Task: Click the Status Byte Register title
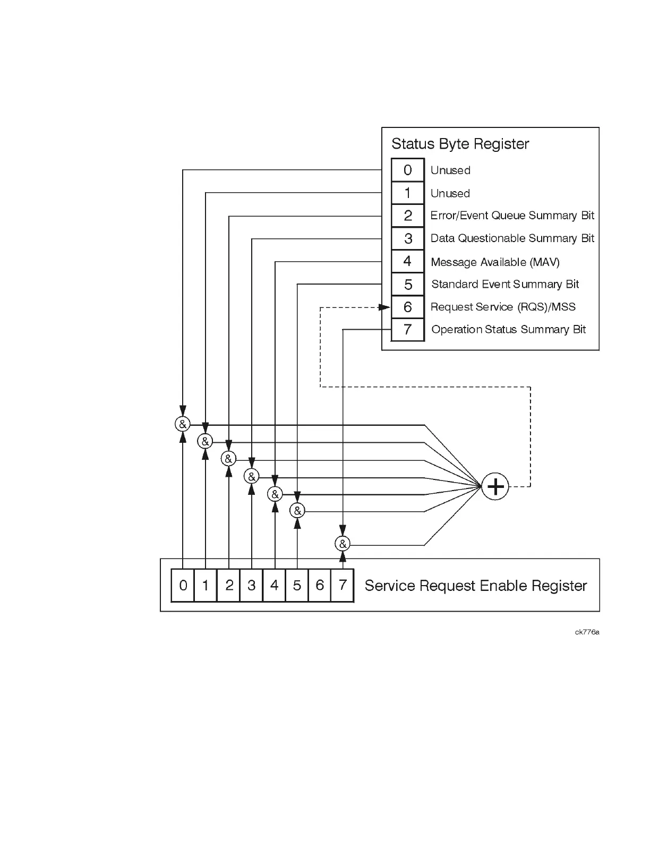click(x=460, y=144)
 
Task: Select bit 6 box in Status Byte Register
click(x=408, y=307)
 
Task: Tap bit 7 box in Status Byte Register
click(x=408, y=330)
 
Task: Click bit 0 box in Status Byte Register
click(x=408, y=170)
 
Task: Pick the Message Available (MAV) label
click(x=495, y=262)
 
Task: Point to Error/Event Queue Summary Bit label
click(x=512, y=216)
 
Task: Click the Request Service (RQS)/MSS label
click(x=503, y=307)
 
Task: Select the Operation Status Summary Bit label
click(x=508, y=330)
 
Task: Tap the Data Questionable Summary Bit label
click(x=512, y=238)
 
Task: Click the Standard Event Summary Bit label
click(x=505, y=285)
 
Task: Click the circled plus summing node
click(x=495, y=486)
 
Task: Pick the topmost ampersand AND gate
click(x=182, y=424)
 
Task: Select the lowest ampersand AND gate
click(x=343, y=544)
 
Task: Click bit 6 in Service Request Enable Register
click(x=320, y=585)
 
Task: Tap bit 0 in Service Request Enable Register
click(x=183, y=585)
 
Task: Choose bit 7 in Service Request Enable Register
click(x=343, y=585)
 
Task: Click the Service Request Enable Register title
click(x=475, y=586)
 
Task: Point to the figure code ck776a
click(x=587, y=632)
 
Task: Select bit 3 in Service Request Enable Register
click(x=252, y=585)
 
